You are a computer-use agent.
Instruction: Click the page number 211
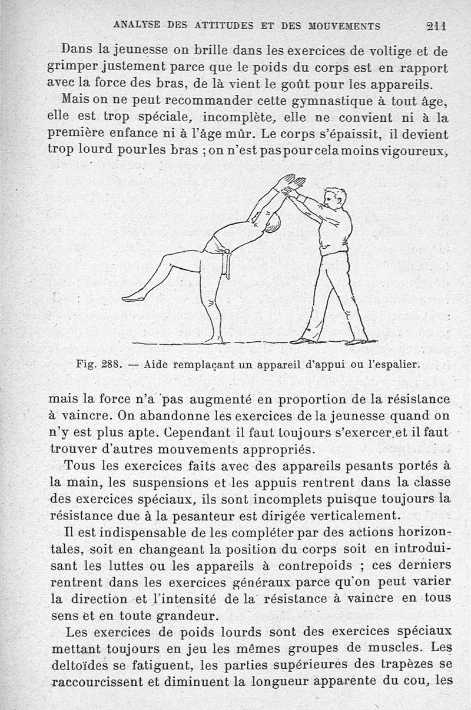[436, 25]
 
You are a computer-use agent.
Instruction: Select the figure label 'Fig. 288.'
[99, 364]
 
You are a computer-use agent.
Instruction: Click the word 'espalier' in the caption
[394, 364]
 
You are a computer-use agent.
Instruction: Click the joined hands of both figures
[290, 185]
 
